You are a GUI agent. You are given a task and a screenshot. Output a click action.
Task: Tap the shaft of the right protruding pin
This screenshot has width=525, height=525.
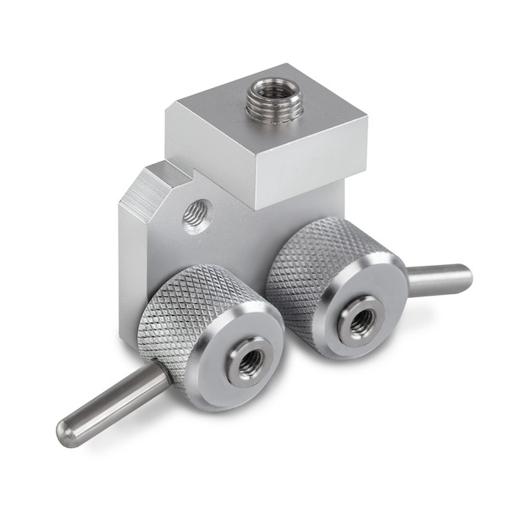[x=436, y=279]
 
